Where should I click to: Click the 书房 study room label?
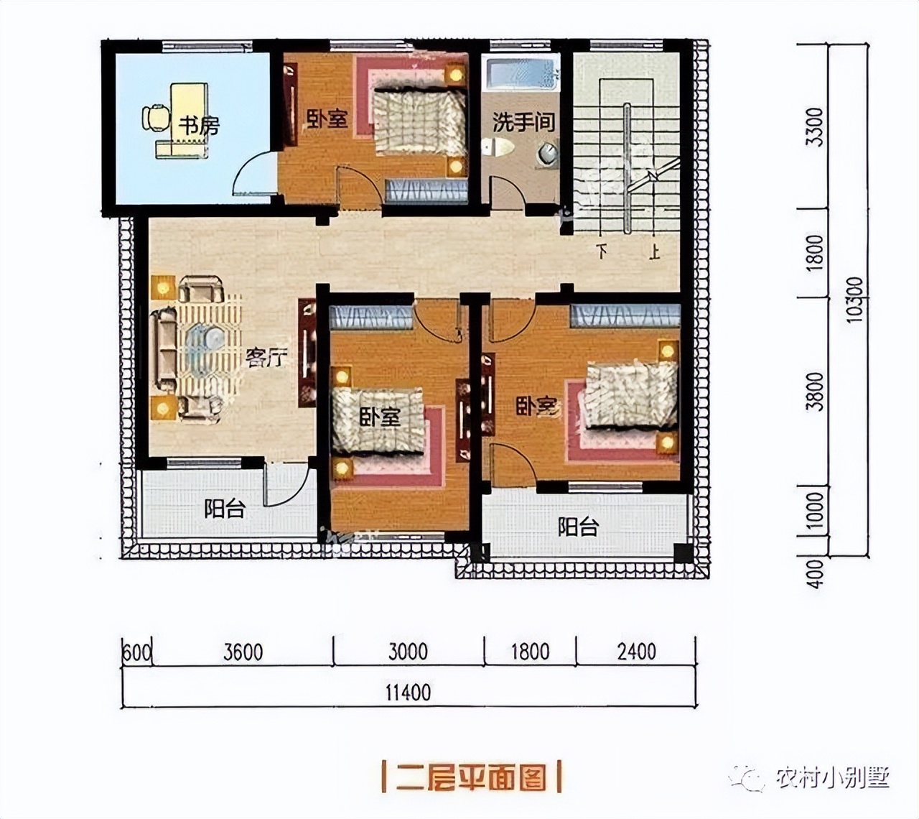[198, 126]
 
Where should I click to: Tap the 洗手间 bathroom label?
[523, 122]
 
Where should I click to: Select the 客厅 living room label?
[266, 357]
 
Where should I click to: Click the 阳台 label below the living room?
[225, 509]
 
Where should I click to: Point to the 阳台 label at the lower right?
[578, 527]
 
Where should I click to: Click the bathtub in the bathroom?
[522, 74]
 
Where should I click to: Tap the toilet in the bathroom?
[498, 147]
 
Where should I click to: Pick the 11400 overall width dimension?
[408, 693]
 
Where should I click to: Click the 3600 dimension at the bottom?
[243, 652]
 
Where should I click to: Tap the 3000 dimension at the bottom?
[408, 652]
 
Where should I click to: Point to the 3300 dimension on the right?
[814, 127]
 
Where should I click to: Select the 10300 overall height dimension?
[855, 300]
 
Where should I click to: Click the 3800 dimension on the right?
[814, 392]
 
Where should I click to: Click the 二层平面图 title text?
[472, 777]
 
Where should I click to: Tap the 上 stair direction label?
[654, 253]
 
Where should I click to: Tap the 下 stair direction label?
[602, 253]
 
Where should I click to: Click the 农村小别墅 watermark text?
[833, 777]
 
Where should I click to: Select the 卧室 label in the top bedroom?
[327, 119]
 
